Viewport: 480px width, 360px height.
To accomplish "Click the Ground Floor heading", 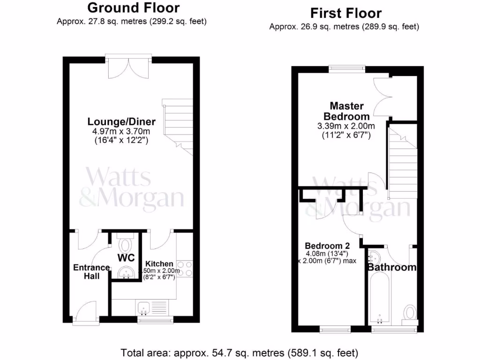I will click(x=133, y=8).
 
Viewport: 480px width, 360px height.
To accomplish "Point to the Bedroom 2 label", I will click(x=327, y=246).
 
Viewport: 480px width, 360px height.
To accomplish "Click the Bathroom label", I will click(x=391, y=268).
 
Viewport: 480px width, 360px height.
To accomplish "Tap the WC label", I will click(x=126, y=258).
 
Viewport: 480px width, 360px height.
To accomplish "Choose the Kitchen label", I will click(x=159, y=264).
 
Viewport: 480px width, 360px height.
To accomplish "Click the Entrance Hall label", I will click(x=91, y=272).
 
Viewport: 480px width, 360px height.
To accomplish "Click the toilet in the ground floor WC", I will click(x=126, y=245).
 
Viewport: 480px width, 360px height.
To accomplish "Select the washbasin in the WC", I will click(x=126, y=272).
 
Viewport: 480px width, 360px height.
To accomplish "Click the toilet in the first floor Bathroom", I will click(x=410, y=312).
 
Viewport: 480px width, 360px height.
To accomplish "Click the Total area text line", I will click(x=240, y=352).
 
